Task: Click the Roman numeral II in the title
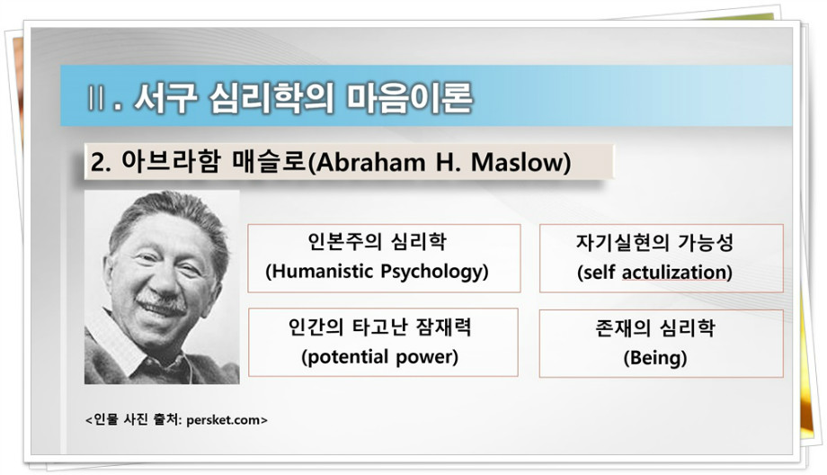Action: (95, 98)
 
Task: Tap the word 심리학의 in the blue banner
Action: (271, 98)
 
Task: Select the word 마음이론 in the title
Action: (409, 98)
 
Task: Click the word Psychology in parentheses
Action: (431, 272)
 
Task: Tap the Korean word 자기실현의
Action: (622, 243)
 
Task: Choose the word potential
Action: (349, 357)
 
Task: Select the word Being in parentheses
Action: (655, 358)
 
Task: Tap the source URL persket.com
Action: (223, 420)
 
